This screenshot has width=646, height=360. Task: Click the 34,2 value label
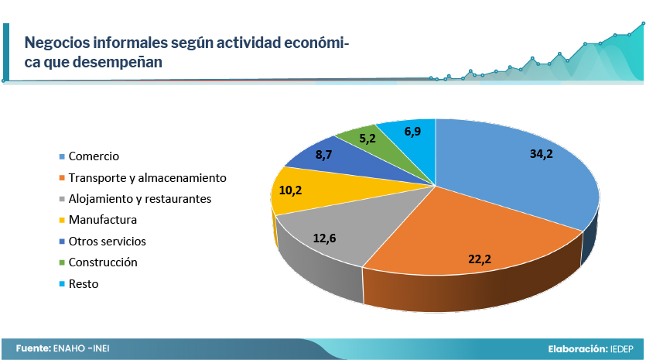coord(542,154)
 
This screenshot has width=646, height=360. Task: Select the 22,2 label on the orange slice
coord(480,259)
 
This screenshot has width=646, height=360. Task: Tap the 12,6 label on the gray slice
coord(325,238)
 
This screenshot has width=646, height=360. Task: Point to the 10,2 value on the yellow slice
coord(290,190)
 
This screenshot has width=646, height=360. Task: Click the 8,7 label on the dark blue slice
coord(324,155)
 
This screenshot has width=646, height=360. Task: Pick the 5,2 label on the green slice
coord(367,139)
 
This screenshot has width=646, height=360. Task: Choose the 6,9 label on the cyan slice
coord(412,132)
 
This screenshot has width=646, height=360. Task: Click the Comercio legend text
coord(94,156)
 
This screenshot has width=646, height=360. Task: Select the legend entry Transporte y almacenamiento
coord(148,178)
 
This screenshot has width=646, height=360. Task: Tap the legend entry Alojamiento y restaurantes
coord(140,199)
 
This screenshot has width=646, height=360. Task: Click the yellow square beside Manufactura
coord(62,220)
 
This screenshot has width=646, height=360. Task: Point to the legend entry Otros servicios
coord(107,242)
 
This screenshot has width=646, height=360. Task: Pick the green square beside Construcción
coord(62,262)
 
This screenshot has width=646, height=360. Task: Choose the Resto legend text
coord(84,283)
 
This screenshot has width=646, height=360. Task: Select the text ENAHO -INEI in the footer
coord(81,348)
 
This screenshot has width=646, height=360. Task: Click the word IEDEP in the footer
coord(622,349)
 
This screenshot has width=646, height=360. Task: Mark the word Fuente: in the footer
coord(33,348)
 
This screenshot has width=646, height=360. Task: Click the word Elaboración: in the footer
coord(578,349)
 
